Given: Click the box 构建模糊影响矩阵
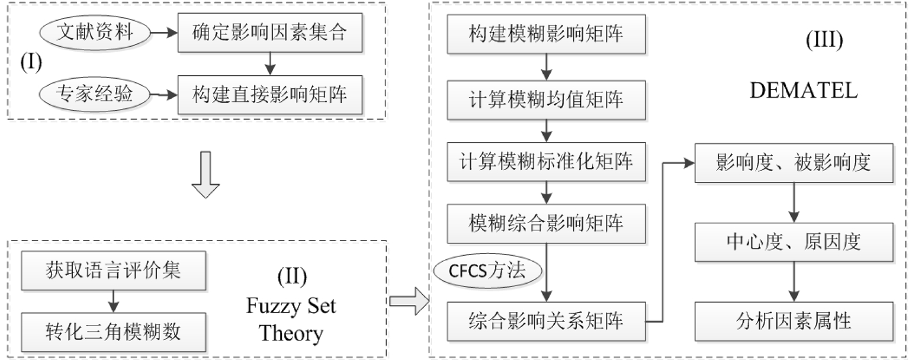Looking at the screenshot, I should tap(546, 33).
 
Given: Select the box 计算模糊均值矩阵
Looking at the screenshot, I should tap(546, 99).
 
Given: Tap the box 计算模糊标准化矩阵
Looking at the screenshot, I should tap(546, 162).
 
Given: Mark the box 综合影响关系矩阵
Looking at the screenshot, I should tap(546, 322).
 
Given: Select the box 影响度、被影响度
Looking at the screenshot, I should tap(793, 162).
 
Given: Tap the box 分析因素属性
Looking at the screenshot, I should tap(793, 322).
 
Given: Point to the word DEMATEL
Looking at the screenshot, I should tap(799, 92).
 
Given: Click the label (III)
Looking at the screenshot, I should tap(824, 41).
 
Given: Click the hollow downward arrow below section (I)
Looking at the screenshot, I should tap(207, 176).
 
